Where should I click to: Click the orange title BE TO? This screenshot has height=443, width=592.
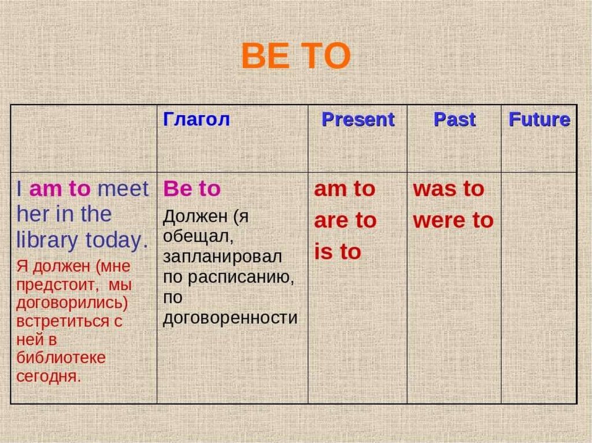[295, 56]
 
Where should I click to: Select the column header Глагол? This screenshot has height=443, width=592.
[197, 119]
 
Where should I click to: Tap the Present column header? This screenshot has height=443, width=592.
[358, 120]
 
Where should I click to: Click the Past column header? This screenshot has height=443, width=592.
[454, 120]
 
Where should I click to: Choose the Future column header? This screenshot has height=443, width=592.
[539, 120]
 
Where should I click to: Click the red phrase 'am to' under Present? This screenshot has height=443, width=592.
[345, 189]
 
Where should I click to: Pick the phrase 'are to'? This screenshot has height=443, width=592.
[345, 221]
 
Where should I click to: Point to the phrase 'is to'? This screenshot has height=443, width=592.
[338, 252]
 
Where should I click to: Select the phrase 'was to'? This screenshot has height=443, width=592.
[449, 189]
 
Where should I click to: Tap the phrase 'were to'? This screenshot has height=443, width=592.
[453, 221]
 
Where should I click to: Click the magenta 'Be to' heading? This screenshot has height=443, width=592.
[192, 188]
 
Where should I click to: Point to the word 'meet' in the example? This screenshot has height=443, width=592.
[123, 189]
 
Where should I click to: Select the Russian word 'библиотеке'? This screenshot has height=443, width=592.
[61, 358]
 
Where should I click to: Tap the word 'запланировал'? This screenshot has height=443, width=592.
[223, 256]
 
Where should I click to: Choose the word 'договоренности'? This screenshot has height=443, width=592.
[230, 318]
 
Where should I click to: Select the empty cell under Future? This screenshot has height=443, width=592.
[539, 288]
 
